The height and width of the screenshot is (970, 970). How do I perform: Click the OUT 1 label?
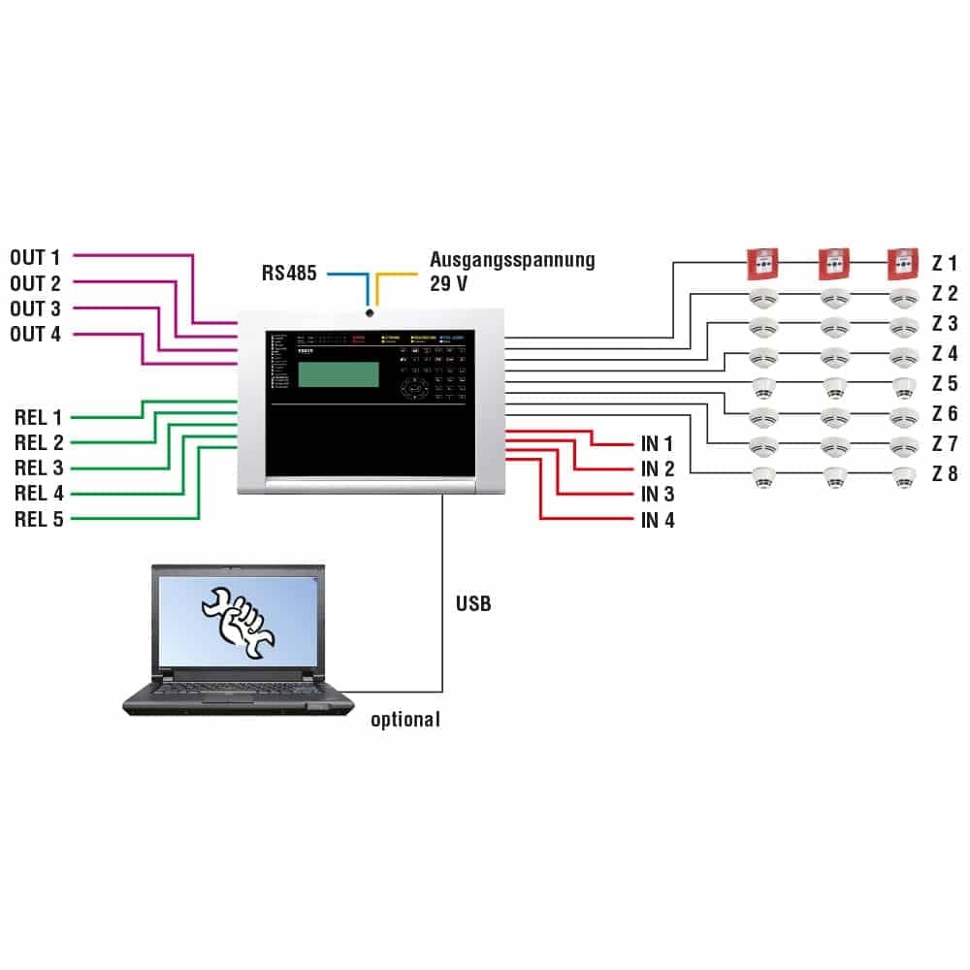tap(35, 258)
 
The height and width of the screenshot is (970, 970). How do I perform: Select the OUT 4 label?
tap(35, 335)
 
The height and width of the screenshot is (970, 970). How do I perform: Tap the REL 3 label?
tap(39, 469)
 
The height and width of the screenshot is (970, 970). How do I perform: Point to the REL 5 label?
tap(39, 519)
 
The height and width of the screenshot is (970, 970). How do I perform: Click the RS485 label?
tap(289, 274)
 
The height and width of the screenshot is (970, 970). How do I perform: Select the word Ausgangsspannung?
tap(512, 260)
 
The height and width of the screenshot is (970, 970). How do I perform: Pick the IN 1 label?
tap(658, 444)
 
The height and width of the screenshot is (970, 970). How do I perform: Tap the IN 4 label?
tap(658, 521)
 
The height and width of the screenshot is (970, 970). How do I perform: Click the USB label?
tap(473, 604)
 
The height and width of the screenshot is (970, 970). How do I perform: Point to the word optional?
tap(405, 720)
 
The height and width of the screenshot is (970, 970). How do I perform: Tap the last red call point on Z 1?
tap(903, 262)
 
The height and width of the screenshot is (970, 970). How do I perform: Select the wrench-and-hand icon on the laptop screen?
tap(237, 622)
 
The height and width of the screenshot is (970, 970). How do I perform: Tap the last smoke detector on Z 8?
tap(904, 476)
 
